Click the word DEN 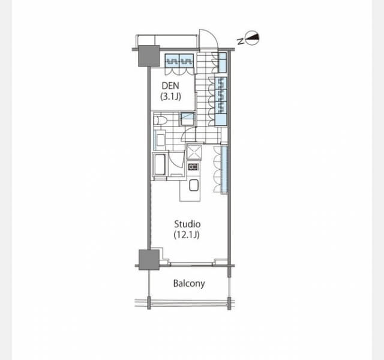(170, 86)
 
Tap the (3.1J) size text (170, 97)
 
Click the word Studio (187, 224)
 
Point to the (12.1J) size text (187, 235)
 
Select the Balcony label (189, 284)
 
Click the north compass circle (252, 38)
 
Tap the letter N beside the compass (241, 41)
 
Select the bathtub (160, 164)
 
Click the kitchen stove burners (193, 167)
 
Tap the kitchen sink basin (193, 185)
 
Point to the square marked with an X (194, 152)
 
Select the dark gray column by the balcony (149, 260)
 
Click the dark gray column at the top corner (149, 56)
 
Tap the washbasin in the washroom (160, 140)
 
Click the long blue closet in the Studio (224, 169)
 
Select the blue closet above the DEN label (179, 61)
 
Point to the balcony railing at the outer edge (189, 304)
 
